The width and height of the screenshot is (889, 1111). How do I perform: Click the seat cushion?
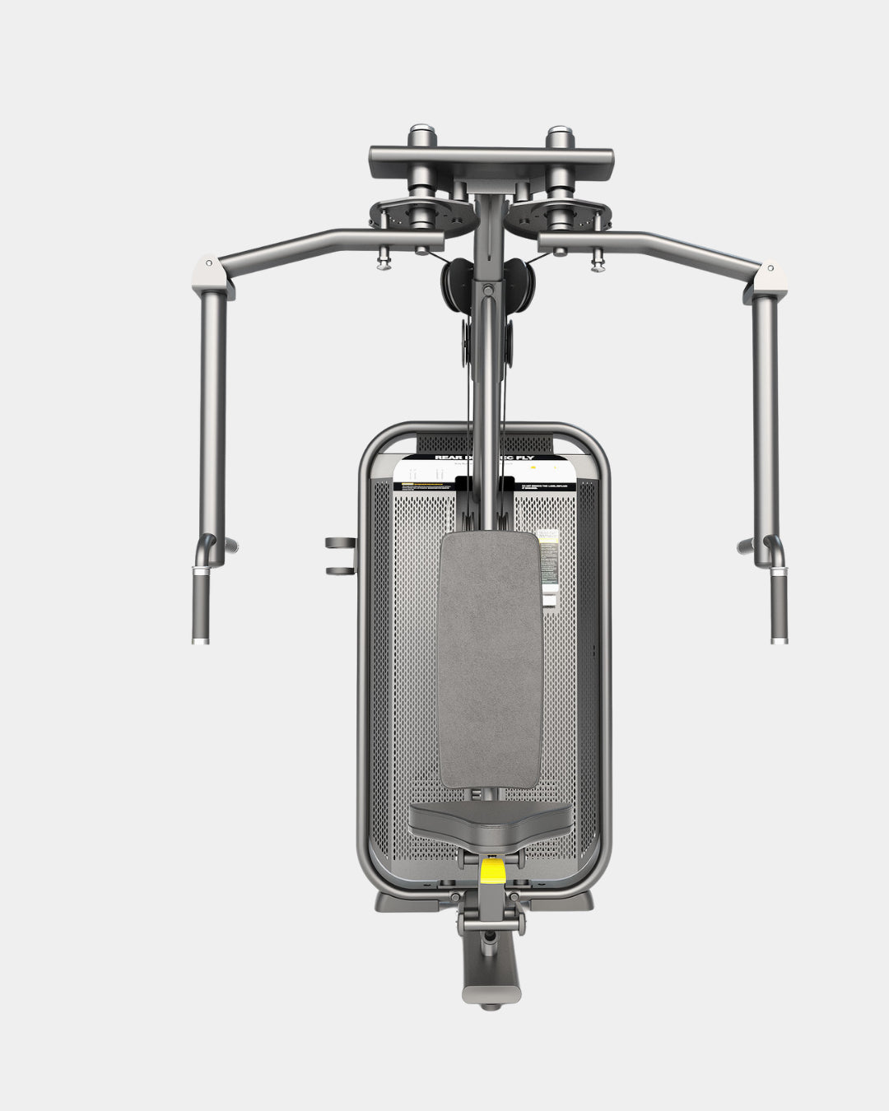tap(491, 820)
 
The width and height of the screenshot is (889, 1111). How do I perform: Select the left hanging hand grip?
tap(200, 609)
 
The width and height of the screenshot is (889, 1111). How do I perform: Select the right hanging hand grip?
tap(778, 609)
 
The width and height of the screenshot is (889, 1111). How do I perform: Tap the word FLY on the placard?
tap(544, 458)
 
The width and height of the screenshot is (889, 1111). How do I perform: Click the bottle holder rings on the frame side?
tap(339, 556)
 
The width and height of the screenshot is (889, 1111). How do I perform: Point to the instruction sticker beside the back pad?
tap(547, 568)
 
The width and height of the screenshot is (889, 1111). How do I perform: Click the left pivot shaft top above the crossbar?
tap(421, 132)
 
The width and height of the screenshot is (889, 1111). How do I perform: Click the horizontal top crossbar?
tap(491, 155)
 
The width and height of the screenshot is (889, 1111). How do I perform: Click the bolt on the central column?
tap(488, 290)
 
